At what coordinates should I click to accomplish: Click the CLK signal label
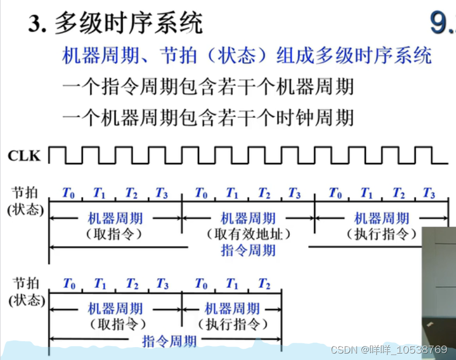[x=24, y=156]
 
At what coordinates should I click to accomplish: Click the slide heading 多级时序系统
[x=129, y=24]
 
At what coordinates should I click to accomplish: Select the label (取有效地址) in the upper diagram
[x=248, y=234]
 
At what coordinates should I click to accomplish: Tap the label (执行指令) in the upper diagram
[x=382, y=234]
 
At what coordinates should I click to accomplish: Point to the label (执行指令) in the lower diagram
[x=233, y=324]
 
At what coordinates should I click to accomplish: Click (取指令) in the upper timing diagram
[x=115, y=234]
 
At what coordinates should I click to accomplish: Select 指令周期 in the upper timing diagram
[x=248, y=250]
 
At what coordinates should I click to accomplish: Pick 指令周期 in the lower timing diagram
[x=169, y=341]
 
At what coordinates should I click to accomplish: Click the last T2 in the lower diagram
[x=264, y=284]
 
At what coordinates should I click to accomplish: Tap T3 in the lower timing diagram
[x=162, y=284]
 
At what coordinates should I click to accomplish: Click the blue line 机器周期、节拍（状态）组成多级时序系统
[x=247, y=55]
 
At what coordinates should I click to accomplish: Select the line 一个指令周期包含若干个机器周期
[x=208, y=87]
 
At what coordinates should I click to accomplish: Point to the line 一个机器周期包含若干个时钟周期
[x=208, y=117]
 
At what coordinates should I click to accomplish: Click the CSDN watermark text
[x=389, y=350]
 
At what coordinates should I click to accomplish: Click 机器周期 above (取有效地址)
[x=248, y=218]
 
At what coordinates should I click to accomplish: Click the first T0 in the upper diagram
[x=68, y=193]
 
